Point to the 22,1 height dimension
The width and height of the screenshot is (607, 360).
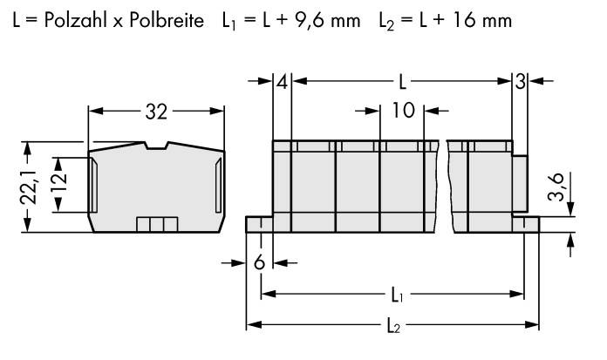pyautogui.click(x=28, y=187)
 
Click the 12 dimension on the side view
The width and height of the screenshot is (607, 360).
pyautogui.click(x=58, y=185)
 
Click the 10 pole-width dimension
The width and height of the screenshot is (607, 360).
pyautogui.click(x=402, y=112)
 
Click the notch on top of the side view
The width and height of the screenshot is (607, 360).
pyautogui.click(x=157, y=146)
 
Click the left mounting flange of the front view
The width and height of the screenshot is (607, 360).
pyautogui.click(x=260, y=226)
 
